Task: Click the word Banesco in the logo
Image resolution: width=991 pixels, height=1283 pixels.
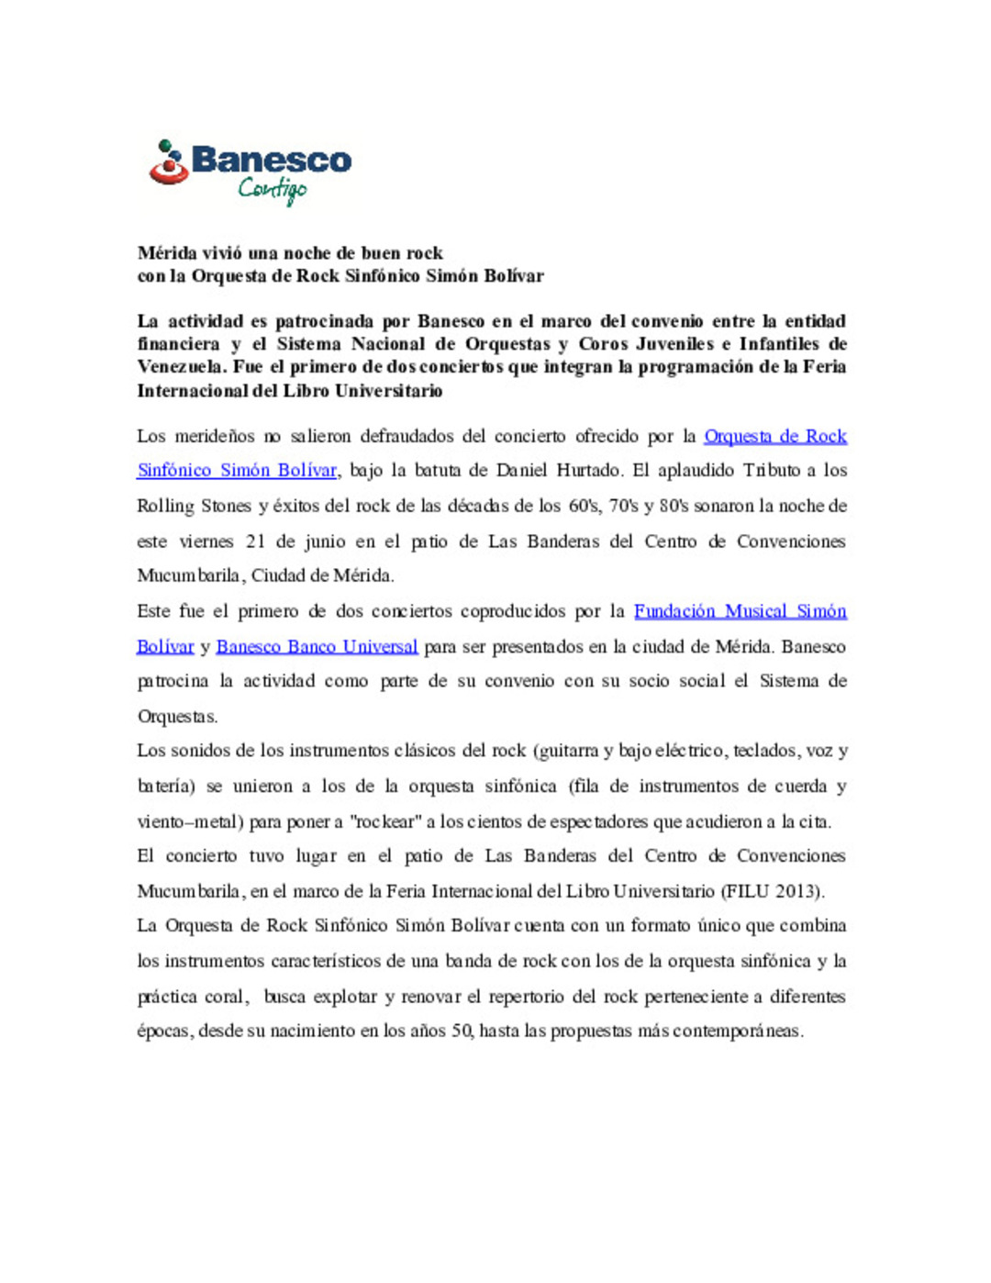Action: pyautogui.click(x=271, y=160)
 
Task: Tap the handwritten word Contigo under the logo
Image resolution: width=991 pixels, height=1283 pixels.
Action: pyautogui.click(x=272, y=189)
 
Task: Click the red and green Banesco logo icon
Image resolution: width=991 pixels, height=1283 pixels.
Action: pyautogui.click(x=168, y=162)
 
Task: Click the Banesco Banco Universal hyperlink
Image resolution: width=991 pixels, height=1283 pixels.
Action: pyautogui.click(x=317, y=646)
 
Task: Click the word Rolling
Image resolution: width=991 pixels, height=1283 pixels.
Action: pyautogui.click(x=165, y=506)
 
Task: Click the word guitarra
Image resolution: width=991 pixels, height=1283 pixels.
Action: pyautogui.click(x=570, y=751)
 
